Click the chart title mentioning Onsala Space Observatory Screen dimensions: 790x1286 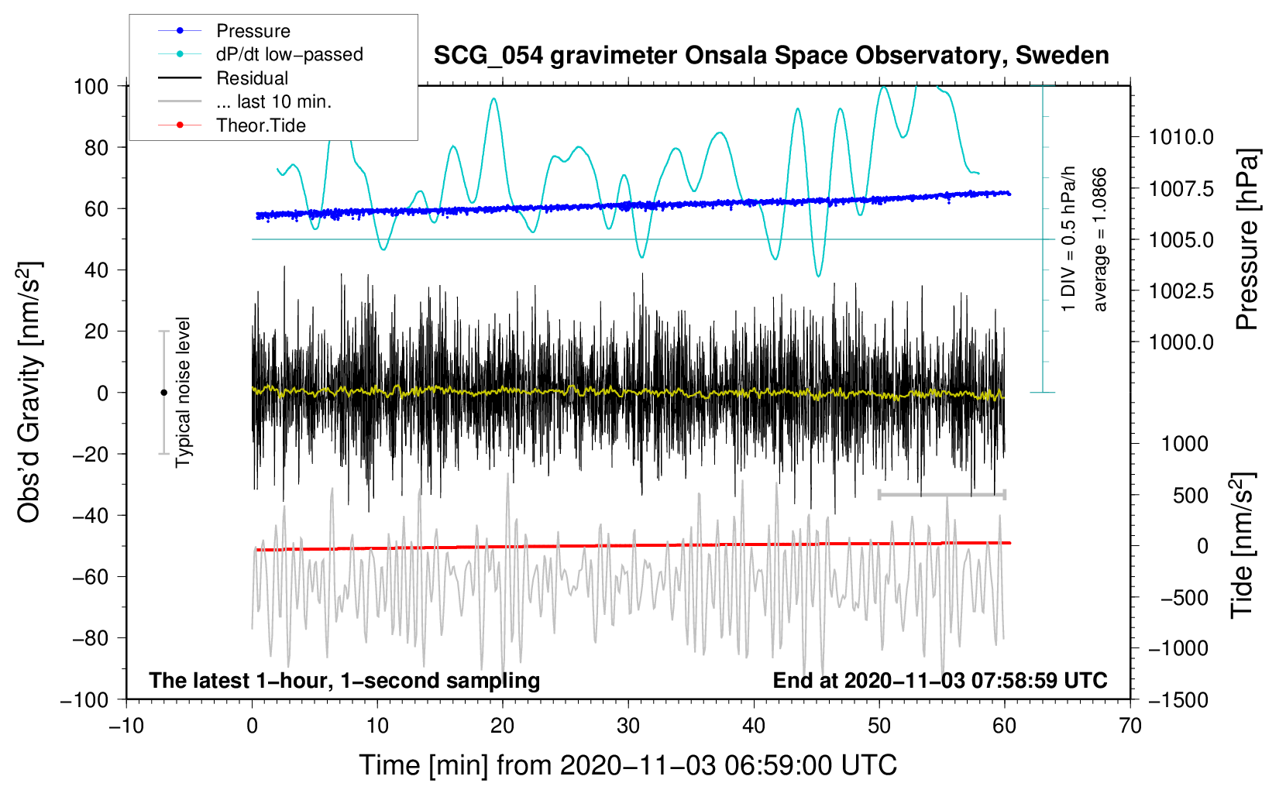click(x=771, y=56)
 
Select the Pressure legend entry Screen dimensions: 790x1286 click(x=253, y=31)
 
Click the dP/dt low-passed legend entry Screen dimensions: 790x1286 click(x=289, y=54)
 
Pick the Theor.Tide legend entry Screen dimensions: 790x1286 click(x=260, y=125)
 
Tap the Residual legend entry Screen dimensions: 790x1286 click(x=252, y=78)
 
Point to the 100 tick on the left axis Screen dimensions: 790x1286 click(x=91, y=86)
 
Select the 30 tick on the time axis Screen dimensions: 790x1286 click(x=628, y=726)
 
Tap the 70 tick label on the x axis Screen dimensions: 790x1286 click(x=1130, y=726)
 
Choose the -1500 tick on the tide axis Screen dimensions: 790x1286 click(x=1178, y=699)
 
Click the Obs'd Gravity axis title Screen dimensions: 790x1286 click(x=29, y=393)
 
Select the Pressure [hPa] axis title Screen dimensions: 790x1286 click(x=1246, y=240)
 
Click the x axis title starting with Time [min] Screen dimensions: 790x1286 click(x=628, y=765)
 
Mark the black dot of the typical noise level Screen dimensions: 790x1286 click(x=163, y=393)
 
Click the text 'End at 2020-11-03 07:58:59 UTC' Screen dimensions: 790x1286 click(x=940, y=681)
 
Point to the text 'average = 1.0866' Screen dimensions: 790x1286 click(x=1100, y=240)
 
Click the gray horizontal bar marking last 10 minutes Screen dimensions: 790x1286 click(x=941, y=494)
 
